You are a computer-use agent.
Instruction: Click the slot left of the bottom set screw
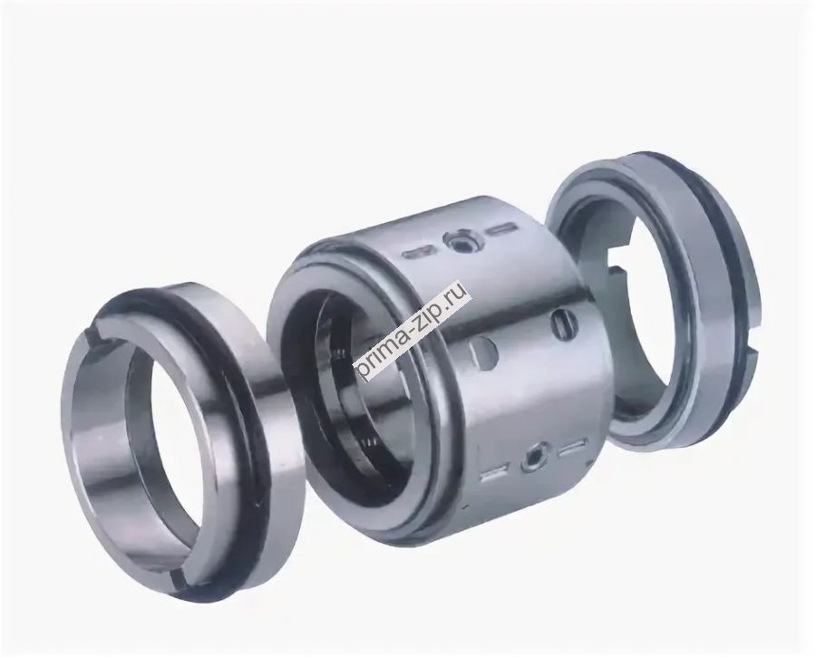(497, 473)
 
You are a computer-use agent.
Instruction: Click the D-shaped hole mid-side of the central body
(483, 353)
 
